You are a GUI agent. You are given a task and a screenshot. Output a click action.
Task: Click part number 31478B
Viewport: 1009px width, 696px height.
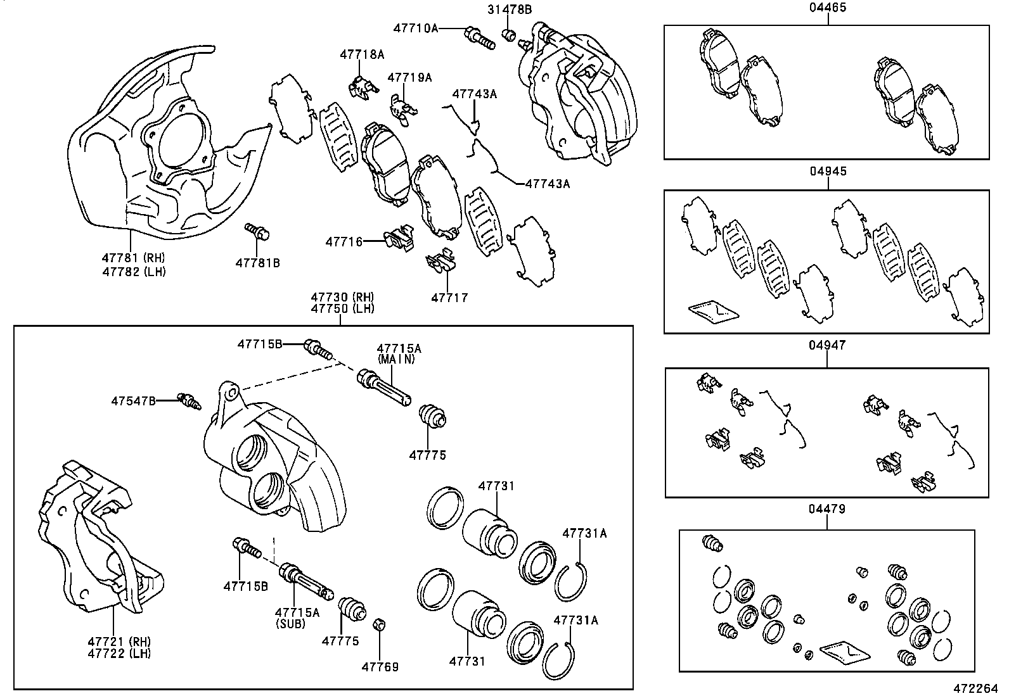pos(509,9)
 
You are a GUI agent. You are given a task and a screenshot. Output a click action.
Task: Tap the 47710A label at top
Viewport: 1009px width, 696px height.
pos(416,28)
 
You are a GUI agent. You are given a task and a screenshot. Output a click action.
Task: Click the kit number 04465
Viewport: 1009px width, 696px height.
pos(828,8)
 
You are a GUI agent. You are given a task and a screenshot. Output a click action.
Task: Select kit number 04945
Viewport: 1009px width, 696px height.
pos(828,172)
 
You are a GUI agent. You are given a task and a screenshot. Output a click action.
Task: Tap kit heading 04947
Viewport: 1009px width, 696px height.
pos(827,346)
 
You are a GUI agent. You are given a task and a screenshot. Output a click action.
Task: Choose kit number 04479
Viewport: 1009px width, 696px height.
pos(827,509)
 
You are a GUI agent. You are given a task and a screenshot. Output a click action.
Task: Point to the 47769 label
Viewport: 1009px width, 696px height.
pos(380,667)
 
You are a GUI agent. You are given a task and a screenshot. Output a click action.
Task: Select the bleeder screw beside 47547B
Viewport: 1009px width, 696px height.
pos(190,400)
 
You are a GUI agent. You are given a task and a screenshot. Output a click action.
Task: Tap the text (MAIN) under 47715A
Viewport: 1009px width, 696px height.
pos(396,359)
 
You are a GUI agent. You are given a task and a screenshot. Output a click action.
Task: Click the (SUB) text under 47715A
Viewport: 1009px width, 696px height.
pos(292,624)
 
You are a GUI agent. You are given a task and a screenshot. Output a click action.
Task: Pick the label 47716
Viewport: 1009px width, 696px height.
pos(344,241)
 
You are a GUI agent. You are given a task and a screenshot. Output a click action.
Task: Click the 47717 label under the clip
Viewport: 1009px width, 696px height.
pos(449,297)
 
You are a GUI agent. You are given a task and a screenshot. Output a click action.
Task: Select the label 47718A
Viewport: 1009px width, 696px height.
pos(361,54)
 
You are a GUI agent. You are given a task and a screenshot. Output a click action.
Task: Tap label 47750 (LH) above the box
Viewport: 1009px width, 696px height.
pos(342,309)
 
